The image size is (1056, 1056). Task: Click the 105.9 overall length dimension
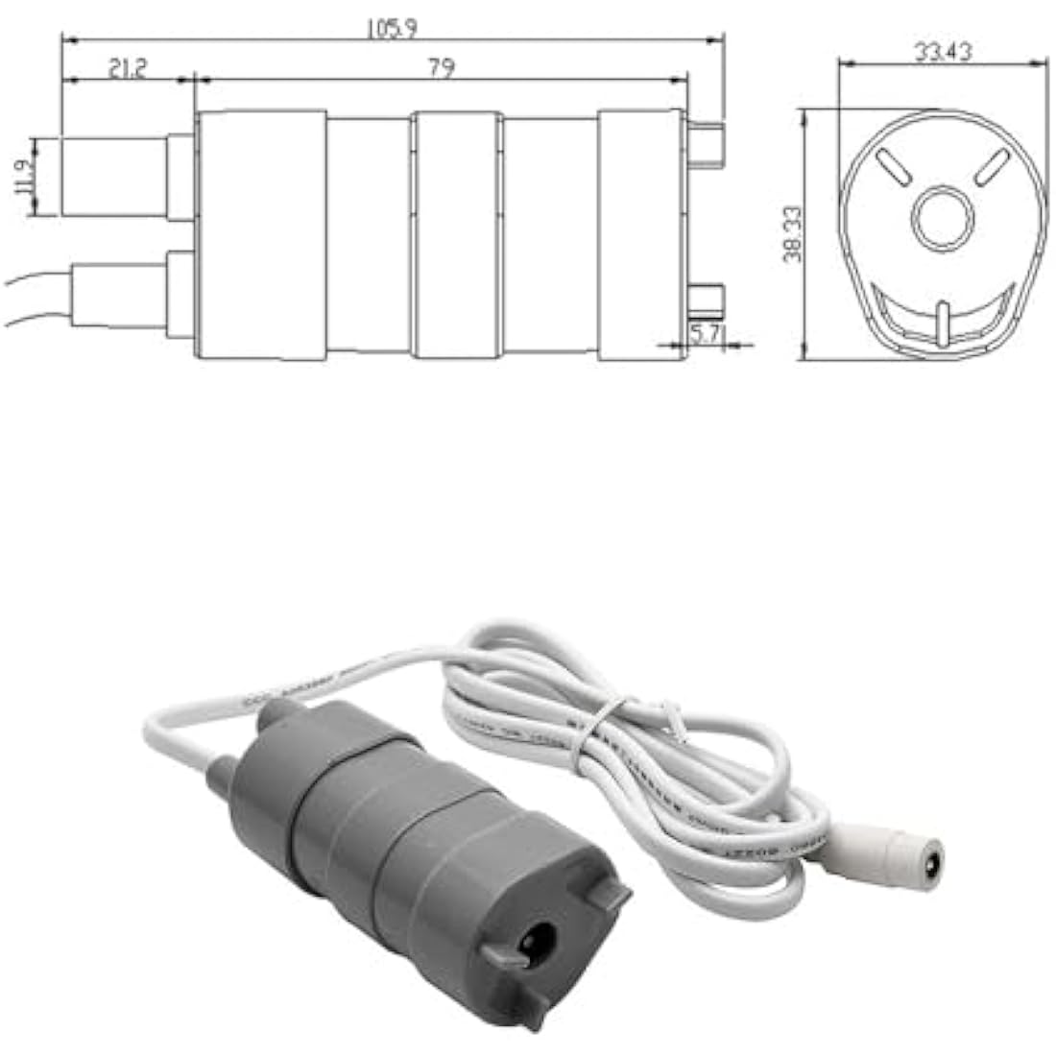coord(391,29)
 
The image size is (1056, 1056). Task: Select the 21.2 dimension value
coord(127,68)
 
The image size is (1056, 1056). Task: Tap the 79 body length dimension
coord(442,68)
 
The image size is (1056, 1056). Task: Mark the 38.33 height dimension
coord(792,235)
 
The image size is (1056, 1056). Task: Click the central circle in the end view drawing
coord(942,217)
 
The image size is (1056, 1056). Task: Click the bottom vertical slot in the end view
coord(943,321)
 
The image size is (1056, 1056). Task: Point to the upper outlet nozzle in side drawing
coord(115,177)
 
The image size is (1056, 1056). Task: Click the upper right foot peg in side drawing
coord(707,144)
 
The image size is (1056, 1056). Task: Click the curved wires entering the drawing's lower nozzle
coord(38,298)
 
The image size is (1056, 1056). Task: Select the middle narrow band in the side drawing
coord(457,235)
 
